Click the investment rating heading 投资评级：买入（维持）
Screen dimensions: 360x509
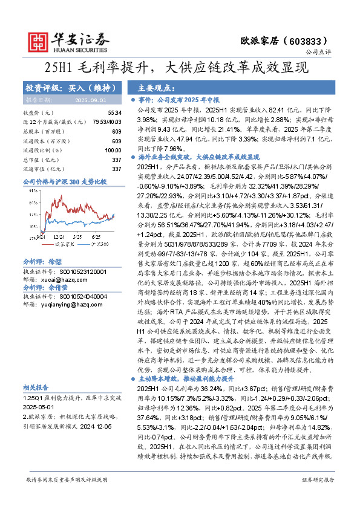point(60,88)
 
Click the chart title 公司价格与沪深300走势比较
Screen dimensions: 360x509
point(64,181)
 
